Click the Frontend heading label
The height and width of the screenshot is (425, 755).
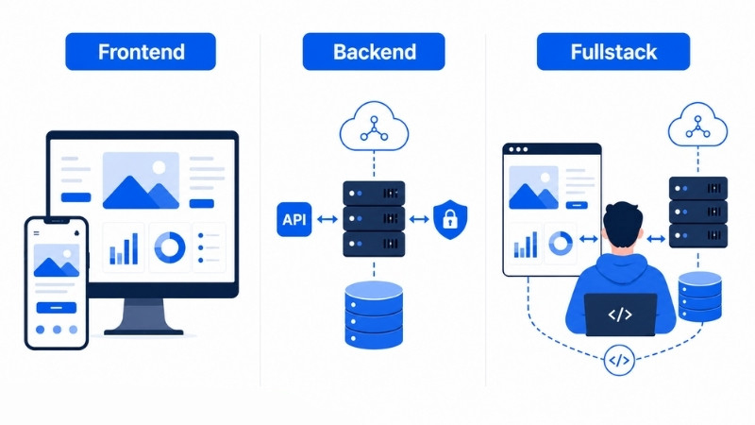coord(141,52)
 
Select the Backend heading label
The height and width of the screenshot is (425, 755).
coord(374,52)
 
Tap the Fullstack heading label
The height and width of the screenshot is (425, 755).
coord(612,52)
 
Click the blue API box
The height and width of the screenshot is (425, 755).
coord(294,219)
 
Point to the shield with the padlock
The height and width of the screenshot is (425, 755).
coord(450,220)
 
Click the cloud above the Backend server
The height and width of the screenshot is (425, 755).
coord(374,126)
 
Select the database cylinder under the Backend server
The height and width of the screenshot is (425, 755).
coord(374,314)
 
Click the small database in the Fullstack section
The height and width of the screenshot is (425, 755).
coord(699,297)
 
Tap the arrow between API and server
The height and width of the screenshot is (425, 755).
coord(327,220)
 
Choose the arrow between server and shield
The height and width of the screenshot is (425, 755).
coord(419,220)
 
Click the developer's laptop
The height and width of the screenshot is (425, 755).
coord(620,314)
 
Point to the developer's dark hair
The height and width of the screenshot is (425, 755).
coord(623,220)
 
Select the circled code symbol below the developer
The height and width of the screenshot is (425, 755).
coord(619,360)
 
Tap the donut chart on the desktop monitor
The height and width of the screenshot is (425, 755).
coord(170,247)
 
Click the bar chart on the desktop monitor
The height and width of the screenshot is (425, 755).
coord(124,248)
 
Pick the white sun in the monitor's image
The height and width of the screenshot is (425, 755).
coord(159,168)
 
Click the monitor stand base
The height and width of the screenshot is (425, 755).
coord(143,332)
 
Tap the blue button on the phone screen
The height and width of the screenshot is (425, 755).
coord(57,308)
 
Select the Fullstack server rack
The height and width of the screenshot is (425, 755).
coord(698,212)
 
